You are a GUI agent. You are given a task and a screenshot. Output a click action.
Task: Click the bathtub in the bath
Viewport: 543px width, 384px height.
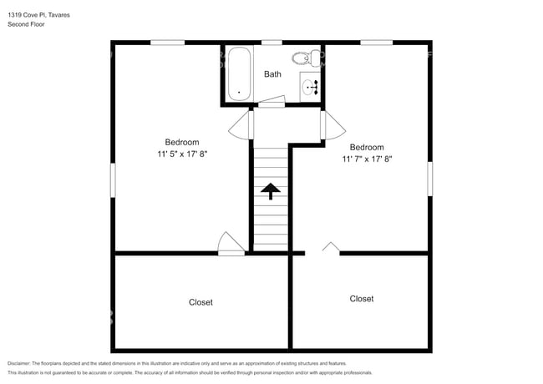[239, 74]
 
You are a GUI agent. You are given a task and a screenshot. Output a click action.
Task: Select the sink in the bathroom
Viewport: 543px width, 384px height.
[311, 85]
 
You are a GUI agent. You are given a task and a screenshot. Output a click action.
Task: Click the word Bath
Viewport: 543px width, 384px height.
[272, 74]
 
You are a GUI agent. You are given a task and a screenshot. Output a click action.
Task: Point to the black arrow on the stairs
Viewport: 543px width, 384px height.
[271, 192]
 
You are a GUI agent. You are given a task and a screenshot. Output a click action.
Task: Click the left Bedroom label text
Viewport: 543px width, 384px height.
[181, 142]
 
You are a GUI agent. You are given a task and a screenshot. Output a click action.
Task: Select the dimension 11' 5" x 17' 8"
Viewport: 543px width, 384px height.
[181, 154]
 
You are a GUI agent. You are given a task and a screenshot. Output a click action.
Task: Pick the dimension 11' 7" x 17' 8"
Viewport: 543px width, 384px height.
[367, 159]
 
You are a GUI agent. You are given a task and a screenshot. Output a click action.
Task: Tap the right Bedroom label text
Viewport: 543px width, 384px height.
[367, 147]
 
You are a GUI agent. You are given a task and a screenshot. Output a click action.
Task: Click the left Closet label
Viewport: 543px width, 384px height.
[200, 302]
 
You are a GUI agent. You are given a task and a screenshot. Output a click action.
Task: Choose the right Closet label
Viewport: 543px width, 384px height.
[362, 298]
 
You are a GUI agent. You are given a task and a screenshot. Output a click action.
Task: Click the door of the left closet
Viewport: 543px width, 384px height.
[230, 243]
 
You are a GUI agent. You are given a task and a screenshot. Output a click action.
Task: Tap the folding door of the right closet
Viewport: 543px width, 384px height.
[331, 248]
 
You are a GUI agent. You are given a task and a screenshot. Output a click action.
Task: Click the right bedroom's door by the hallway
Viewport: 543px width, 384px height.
[333, 125]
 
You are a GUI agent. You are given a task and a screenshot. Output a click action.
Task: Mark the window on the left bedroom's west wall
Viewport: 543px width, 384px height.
[113, 180]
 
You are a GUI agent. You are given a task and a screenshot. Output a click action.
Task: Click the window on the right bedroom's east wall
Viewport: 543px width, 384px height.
[431, 180]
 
